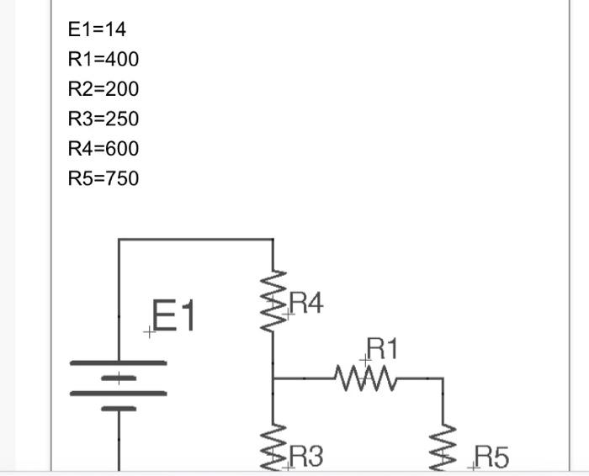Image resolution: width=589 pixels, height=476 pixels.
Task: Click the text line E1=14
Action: (x=97, y=29)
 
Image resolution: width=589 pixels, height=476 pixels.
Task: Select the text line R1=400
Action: (x=103, y=59)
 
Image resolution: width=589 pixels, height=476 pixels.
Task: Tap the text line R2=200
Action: (x=103, y=89)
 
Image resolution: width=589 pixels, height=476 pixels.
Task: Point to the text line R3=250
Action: (x=103, y=119)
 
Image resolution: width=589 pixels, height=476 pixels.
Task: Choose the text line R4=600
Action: (x=103, y=149)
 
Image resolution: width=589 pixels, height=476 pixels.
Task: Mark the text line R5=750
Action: (x=103, y=178)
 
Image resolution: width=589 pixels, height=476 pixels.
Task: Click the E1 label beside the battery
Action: (x=174, y=317)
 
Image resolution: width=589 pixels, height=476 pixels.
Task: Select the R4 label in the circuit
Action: (x=305, y=304)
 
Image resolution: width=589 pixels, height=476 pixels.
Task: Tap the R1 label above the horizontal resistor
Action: (x=383, y=348)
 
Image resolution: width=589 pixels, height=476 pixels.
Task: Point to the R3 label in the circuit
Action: (x=305, y=457)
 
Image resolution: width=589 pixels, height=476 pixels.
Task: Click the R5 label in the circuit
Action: (x=491, y=457)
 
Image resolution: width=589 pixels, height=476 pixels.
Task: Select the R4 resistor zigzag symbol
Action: (x=273, y=300)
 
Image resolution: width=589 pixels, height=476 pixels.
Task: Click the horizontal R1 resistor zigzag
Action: (x=366, y=378)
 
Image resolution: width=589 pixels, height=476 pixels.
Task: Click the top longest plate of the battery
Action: (x=118, y=363)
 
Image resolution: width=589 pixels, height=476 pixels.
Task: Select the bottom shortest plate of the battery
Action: (x=119, y=409)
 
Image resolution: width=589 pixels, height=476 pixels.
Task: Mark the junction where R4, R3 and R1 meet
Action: (x=273, y=378)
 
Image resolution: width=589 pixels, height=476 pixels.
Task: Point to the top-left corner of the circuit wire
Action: (x=119, y=240)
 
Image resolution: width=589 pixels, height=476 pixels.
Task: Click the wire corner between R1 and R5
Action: (x=443, y=379)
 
